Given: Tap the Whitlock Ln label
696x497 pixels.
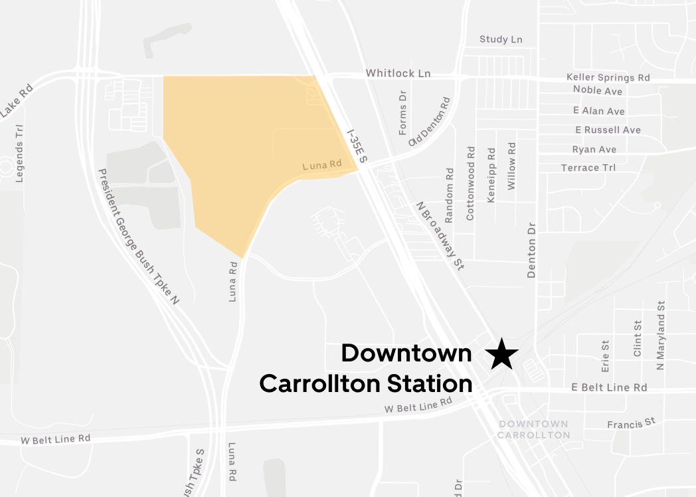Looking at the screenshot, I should pyautogui.click(x=398, y=73).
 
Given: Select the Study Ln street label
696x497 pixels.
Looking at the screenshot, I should pyautogui.click(x=501, y=40).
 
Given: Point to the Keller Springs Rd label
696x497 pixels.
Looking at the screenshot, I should pyautogui.click(x=608, y=78).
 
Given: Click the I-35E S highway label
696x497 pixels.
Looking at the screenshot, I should pyautogui.click(x=357, y=146).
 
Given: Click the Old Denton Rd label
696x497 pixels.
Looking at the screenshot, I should pyautogui.click(x=430, y=122).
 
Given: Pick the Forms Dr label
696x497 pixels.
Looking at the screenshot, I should pyautogui.click(x=402, y=114).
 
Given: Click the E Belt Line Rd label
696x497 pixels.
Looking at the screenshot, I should pyautogui.click(x=609, y=387).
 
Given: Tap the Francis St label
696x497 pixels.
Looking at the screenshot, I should pyautogui.click(x=631, y=423).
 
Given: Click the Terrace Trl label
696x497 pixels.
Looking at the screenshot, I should pyautogui.click(x=588, y=167).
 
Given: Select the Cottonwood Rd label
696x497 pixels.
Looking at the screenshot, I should pyautogui.click(x=471, y=184).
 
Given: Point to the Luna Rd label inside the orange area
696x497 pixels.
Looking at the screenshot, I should pyautogui.click(x=321, y=164).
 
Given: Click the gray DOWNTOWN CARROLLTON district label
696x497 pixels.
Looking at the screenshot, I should pyautogui.click(x=533, y=429).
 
